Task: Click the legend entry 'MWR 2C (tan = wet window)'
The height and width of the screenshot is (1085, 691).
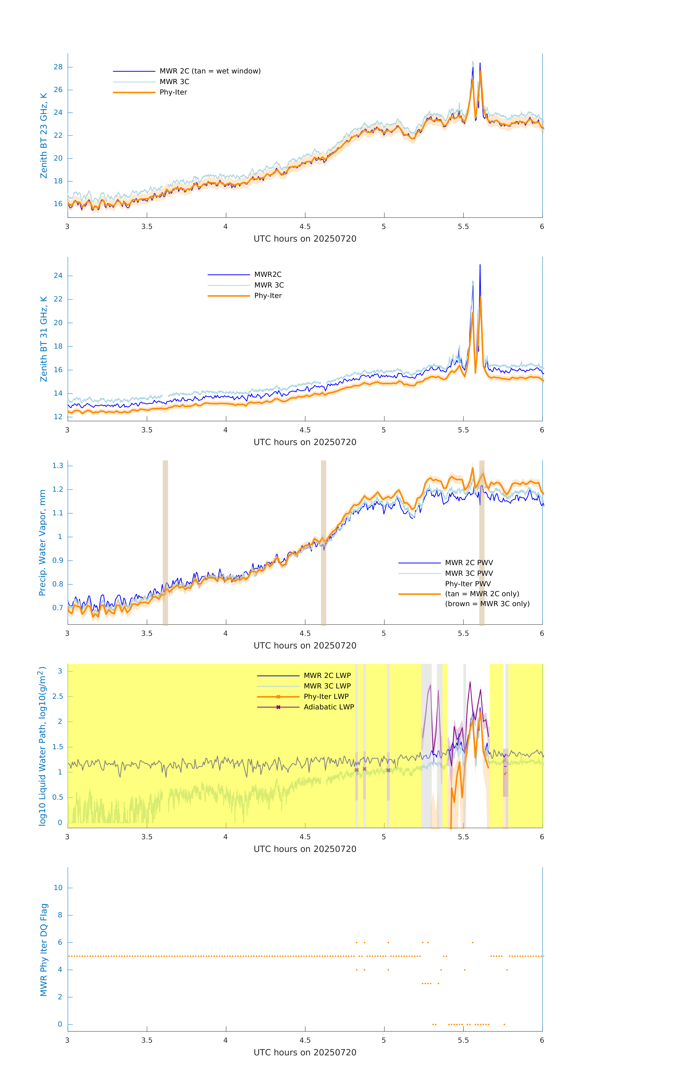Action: coord(210,71)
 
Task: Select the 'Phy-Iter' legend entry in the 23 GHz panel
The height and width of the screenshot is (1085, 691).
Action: coord(173,92)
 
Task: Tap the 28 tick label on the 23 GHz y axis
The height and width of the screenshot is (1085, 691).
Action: coord(58,67)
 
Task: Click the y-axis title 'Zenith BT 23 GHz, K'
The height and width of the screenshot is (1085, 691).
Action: coord(44,136)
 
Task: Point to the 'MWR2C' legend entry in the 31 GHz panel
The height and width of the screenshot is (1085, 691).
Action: coord(268,274)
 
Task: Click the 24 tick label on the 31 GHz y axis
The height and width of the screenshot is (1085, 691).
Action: coord(58,276)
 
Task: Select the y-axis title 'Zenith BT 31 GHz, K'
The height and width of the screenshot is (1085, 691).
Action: coord(44,339)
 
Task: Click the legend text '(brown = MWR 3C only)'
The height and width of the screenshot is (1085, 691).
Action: coord(487,604)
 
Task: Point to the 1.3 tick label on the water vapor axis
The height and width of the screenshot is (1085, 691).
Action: coord(58,465)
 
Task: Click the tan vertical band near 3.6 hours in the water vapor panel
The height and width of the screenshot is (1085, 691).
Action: coord(165,541)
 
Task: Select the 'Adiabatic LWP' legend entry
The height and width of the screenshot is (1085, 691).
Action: coord(329,707)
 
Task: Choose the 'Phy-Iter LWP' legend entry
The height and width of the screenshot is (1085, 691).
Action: coord(326,697)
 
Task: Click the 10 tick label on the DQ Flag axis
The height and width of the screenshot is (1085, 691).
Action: coord(58,888)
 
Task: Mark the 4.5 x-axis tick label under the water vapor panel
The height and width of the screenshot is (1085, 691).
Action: coord(305,633)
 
